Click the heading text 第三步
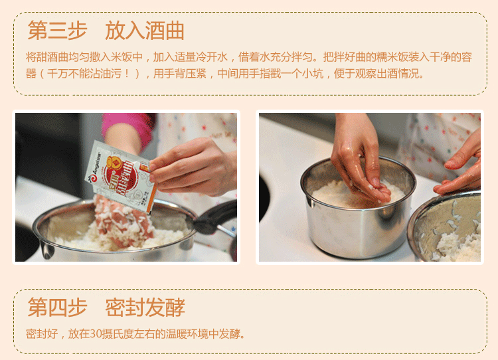58,31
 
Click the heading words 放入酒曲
145,31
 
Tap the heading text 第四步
58,308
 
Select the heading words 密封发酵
145,308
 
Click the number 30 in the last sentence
96,334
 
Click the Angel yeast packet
122,176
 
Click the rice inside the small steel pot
340,195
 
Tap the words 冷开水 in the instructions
212,57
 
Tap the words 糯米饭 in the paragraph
392,57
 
